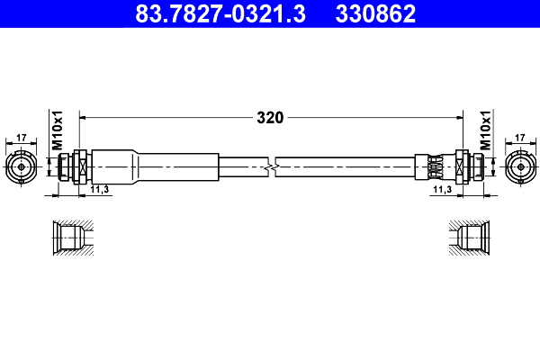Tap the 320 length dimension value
click(270, 117)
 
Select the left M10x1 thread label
click(56, 130)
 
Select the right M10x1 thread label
click(483, 130)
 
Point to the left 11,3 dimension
click(100, 191)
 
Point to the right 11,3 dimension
click(441, 191)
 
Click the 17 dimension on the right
click(519, 139)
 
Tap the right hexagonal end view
click(519, 166)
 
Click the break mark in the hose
click(271, 166)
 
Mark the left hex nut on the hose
click(79, 166)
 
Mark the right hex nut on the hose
click(462, 166)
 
